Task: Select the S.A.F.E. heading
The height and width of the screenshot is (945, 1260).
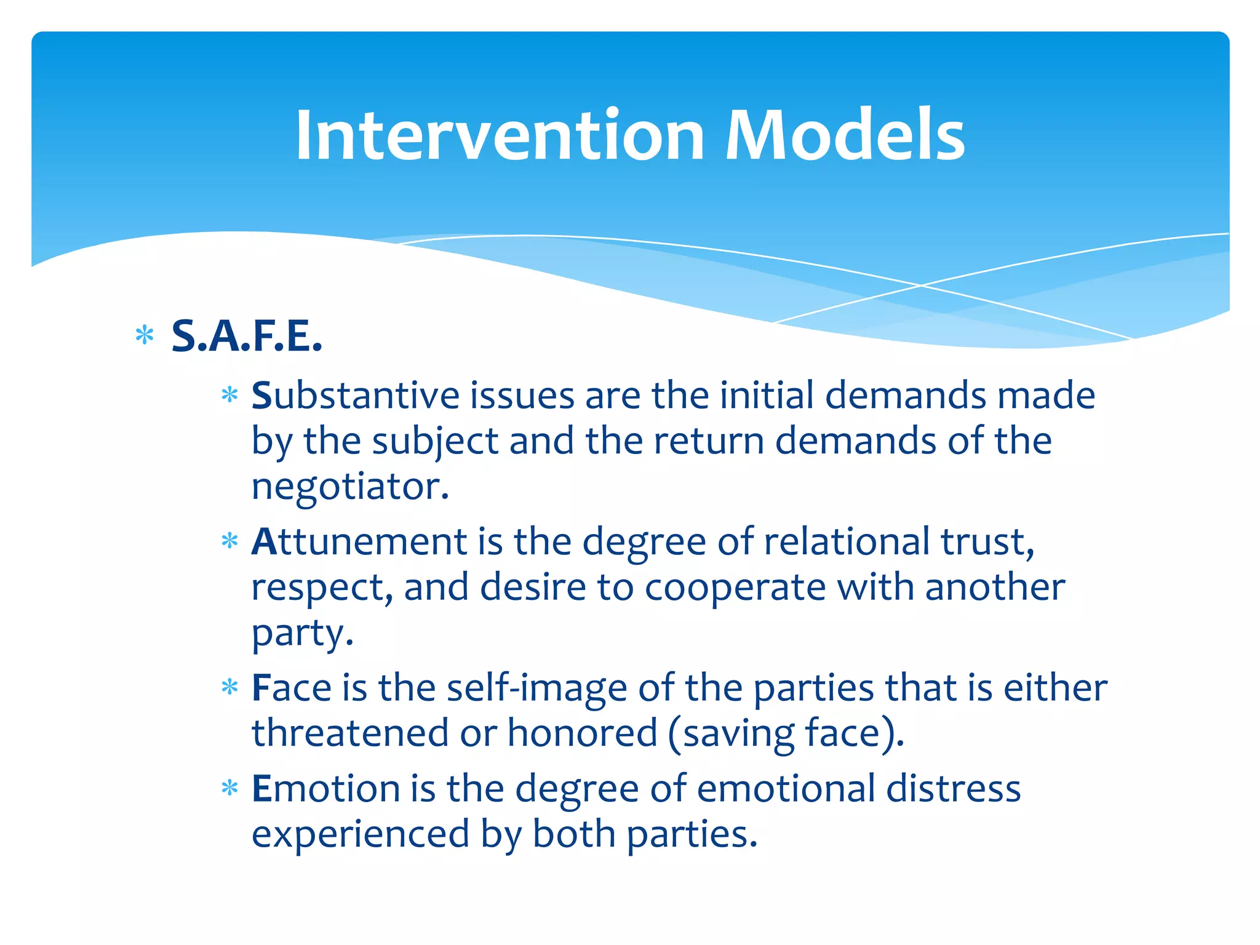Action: tap(247, 337)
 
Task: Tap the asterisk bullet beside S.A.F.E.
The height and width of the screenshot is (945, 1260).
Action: tap(145, 336)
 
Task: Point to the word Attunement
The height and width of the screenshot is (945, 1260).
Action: tap(359, 541)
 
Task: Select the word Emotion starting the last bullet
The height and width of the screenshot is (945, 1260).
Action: tap(326, 788)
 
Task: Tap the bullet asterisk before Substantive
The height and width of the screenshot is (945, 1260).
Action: tap(229, 394)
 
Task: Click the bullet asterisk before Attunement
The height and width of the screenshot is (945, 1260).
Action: tap(229, 541)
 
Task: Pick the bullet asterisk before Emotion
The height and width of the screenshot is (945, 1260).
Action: tap(229, 787)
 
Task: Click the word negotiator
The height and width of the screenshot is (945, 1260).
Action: tap(350, 487)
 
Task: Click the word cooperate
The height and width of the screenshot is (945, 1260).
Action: tap(735, 587)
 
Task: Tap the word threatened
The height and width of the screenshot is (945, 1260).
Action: tap(350, 733)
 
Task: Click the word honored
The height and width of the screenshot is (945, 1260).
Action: tap(582, 733)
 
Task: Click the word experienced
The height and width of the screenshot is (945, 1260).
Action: tap(361, 834)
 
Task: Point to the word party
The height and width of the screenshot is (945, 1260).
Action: tap(301, 634)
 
